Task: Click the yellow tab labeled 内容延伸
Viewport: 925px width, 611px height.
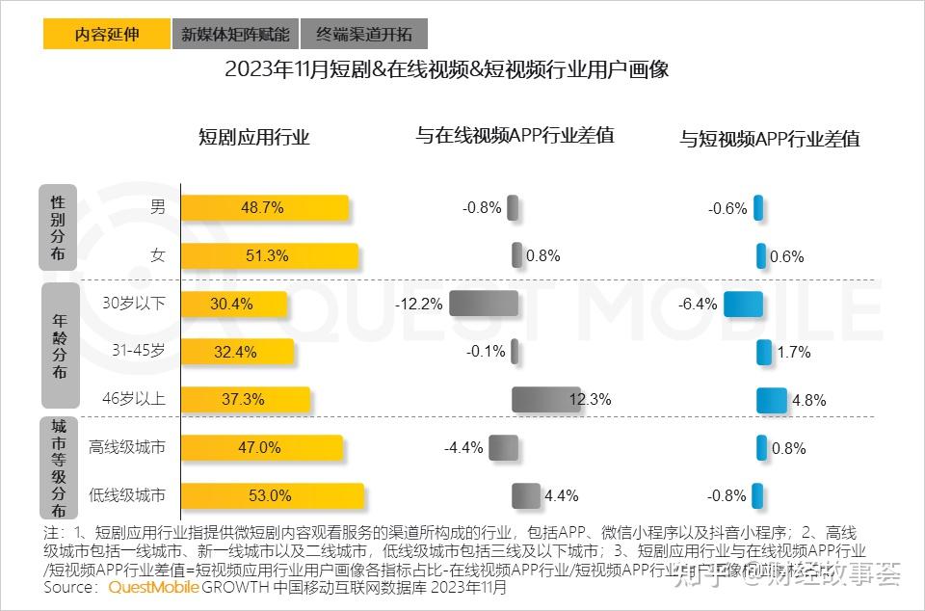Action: point(106,34)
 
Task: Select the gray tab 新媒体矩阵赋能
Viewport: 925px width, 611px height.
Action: point(235,34)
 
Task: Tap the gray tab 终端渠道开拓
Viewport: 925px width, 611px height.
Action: point(363,34)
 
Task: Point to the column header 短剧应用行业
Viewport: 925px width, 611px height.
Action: point(253,137)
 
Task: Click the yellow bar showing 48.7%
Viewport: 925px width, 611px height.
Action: point(265,207)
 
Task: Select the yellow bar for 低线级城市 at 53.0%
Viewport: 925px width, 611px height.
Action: point(273,496)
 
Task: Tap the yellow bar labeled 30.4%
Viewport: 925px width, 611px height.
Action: point(234,304)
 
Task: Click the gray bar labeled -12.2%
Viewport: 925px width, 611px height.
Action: point(484,304)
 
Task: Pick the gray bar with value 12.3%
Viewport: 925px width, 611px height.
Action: point(545,400)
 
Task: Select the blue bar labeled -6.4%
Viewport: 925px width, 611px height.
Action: point(743,304)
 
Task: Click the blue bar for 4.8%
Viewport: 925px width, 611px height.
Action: point(771,400)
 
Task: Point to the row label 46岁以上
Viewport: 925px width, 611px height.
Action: point(134,399)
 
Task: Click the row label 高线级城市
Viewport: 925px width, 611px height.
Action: point(126,447)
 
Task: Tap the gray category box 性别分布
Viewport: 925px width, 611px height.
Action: point(59,228)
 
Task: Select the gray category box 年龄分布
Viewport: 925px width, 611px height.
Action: point(59,345)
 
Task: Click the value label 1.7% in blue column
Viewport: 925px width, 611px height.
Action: point(794,353)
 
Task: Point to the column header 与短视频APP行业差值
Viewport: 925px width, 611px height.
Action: point(769,139)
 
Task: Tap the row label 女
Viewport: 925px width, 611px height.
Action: point(157,255)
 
